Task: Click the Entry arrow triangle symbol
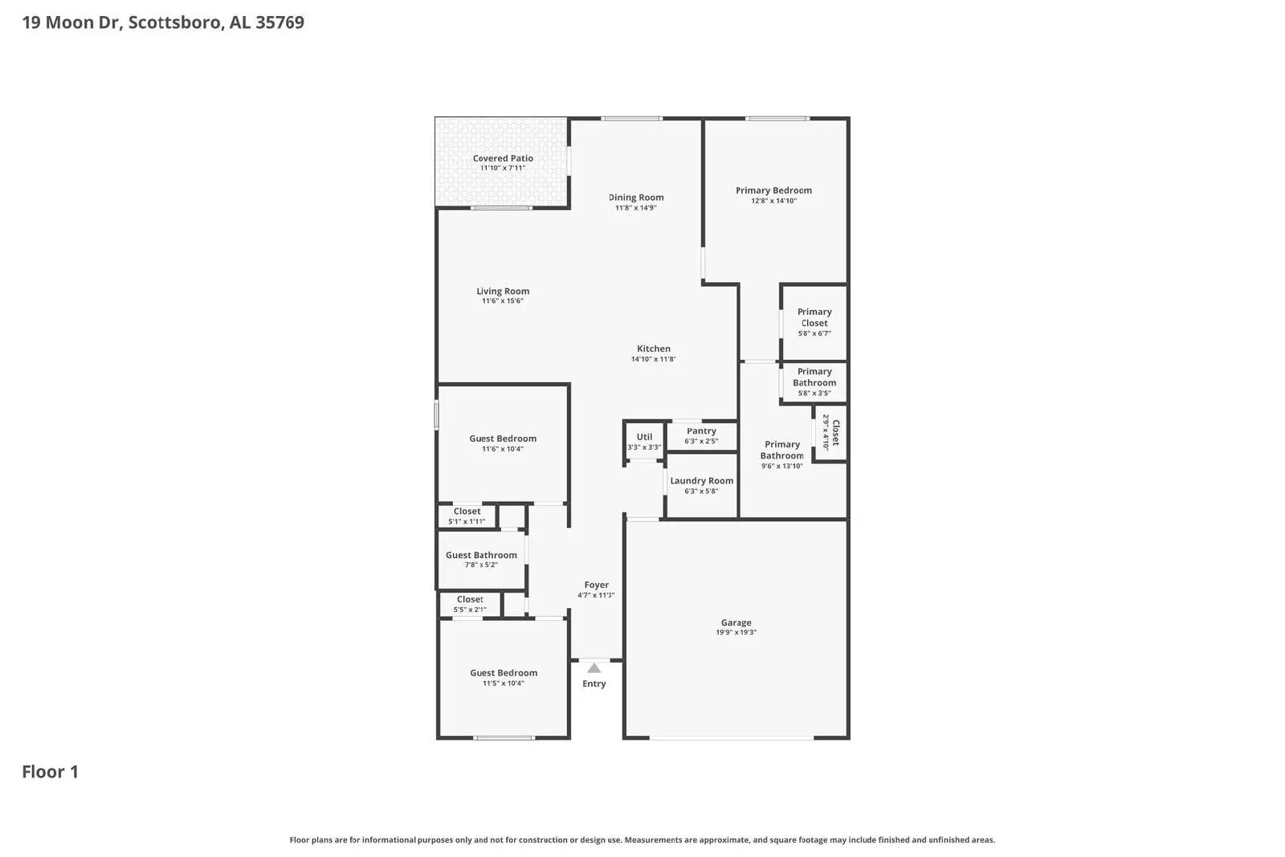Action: point(594,668)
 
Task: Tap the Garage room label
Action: point(736,622)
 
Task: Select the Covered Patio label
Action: point(503,158)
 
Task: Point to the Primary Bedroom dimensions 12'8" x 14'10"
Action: point(773,201)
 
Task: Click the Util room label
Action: point(644,437)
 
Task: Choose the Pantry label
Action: point(701,431)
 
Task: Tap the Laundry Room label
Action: point(701,481)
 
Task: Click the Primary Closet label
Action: point(814,317)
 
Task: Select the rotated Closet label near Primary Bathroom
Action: point(835,433)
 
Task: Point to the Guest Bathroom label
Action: point(481,555)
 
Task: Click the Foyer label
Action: point(596,585)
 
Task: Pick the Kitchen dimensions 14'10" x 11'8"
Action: point(653,359)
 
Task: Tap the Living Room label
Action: point(503,292)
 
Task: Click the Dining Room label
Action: point(636,198)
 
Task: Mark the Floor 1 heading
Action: point(50,772)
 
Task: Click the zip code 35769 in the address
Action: point(279,22)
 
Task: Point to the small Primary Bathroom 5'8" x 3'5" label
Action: point(814,377)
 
